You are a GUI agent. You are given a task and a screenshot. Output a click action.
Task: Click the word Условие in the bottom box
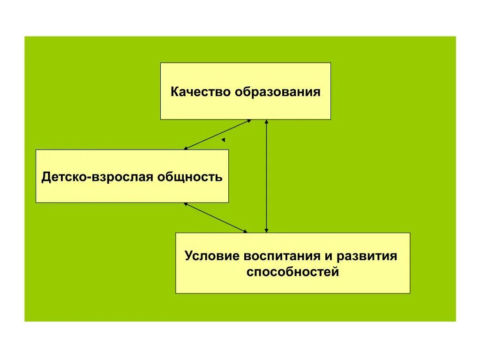[211, 256]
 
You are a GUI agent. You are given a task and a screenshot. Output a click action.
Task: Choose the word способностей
[292, 271]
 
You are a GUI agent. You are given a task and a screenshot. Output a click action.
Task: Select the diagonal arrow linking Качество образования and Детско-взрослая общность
[217, 135]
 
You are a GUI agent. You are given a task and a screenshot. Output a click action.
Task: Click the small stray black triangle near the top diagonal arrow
[224, 140]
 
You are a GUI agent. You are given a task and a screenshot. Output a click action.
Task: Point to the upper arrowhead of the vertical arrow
[266, 122]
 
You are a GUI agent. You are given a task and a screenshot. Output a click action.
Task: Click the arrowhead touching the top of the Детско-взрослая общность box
[186, 148]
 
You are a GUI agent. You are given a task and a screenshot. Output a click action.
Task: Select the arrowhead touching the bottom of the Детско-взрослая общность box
[186, 204]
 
